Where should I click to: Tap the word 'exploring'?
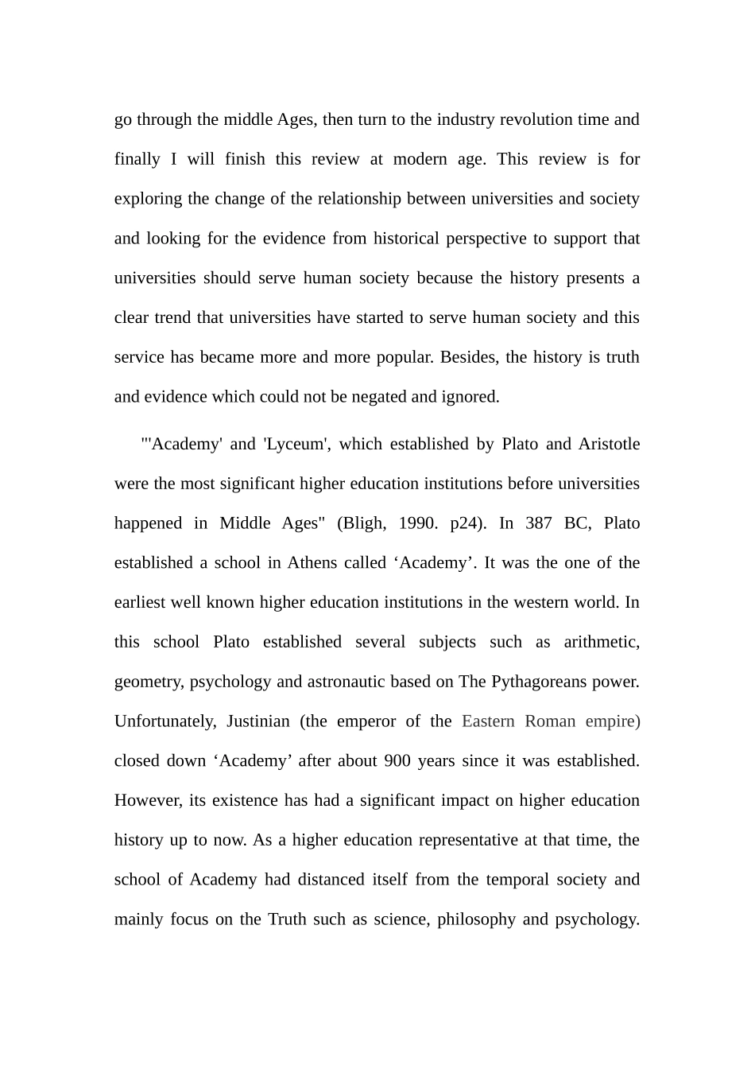click(x=149, y=200)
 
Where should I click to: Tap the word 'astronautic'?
click(x=350, y=682)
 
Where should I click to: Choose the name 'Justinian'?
click(x=258, y=722)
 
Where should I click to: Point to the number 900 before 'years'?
click(x=397, y=761)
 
